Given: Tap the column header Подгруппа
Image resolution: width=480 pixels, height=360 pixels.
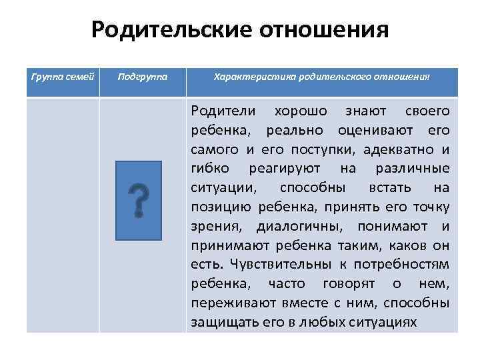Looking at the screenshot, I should point(141,77).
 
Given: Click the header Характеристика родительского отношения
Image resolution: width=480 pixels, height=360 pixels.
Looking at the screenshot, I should point(321,77).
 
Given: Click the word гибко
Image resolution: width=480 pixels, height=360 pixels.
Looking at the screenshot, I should point(208,167).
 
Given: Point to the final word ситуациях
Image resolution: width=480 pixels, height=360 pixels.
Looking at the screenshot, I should point(383,321).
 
